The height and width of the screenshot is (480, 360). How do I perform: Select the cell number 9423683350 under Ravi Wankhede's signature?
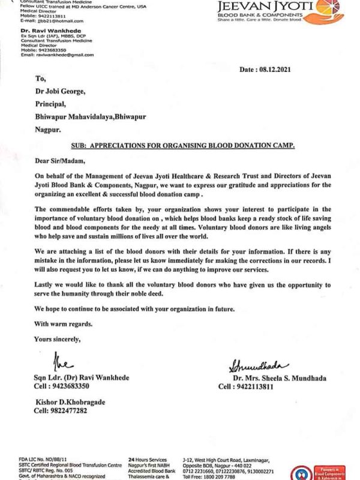point(62,387)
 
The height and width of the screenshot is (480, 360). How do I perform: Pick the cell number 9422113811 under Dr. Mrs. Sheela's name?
point(247,387)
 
